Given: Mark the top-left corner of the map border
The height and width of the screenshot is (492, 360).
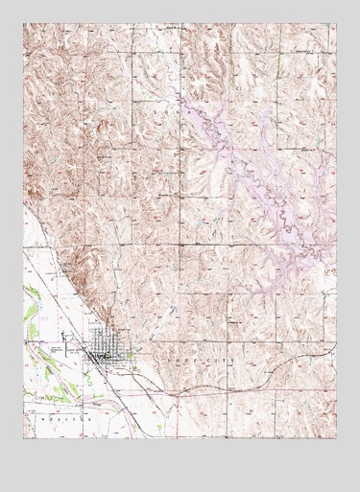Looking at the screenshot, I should (24, 24).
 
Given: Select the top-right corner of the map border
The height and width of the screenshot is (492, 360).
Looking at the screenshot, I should (337, 24).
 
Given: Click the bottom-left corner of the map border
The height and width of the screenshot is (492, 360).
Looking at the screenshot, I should (24, 437).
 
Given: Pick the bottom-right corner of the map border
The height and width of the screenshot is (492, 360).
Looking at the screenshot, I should (337, 437).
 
